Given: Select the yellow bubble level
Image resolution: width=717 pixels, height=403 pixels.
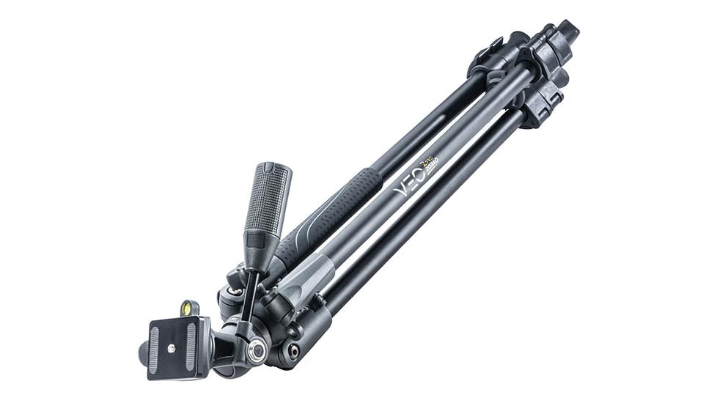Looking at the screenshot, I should click(x=189, y=307).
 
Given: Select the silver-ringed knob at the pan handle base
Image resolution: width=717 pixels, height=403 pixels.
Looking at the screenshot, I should click(x=256, y=352).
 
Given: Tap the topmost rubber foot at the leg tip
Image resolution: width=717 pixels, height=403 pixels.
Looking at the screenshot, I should click(x=565, y=30).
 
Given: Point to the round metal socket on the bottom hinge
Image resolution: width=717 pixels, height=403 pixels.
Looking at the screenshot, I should click(x=293, y=351).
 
